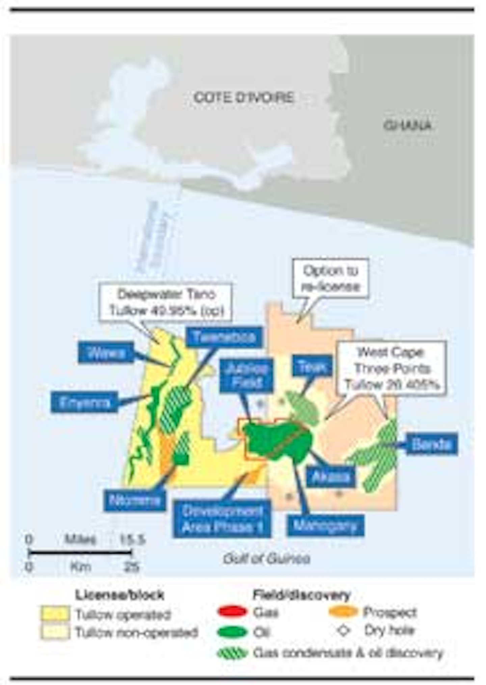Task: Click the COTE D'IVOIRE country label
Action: click(244, 98)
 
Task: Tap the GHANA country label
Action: click(408, 126)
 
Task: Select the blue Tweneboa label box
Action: click(224, 337)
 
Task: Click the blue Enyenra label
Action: click(85, 402)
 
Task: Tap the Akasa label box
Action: click(331, 477)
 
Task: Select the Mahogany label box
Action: click(325, 526)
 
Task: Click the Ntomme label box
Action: click(135, 500)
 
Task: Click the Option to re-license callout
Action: click(330, 279)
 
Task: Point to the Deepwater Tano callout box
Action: click(166, 302)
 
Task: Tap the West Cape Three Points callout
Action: click(391, 369)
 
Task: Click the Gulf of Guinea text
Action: click(266, 559)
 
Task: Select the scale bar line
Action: click(80, 553)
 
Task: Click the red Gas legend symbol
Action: click(232, 612)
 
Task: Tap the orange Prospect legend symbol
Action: click(343, 612)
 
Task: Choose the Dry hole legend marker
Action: click(343, 630)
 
